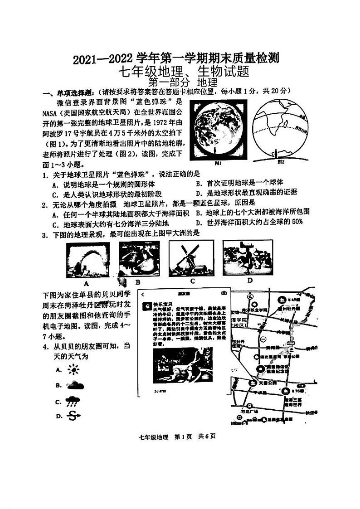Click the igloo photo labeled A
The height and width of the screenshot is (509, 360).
pyautogui.click(x=88, y=259)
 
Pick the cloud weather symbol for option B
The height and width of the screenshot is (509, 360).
pyautogui.click(x=74, y=386)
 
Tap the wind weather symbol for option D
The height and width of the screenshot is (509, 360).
pyautogui.click(x=73, y=416)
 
